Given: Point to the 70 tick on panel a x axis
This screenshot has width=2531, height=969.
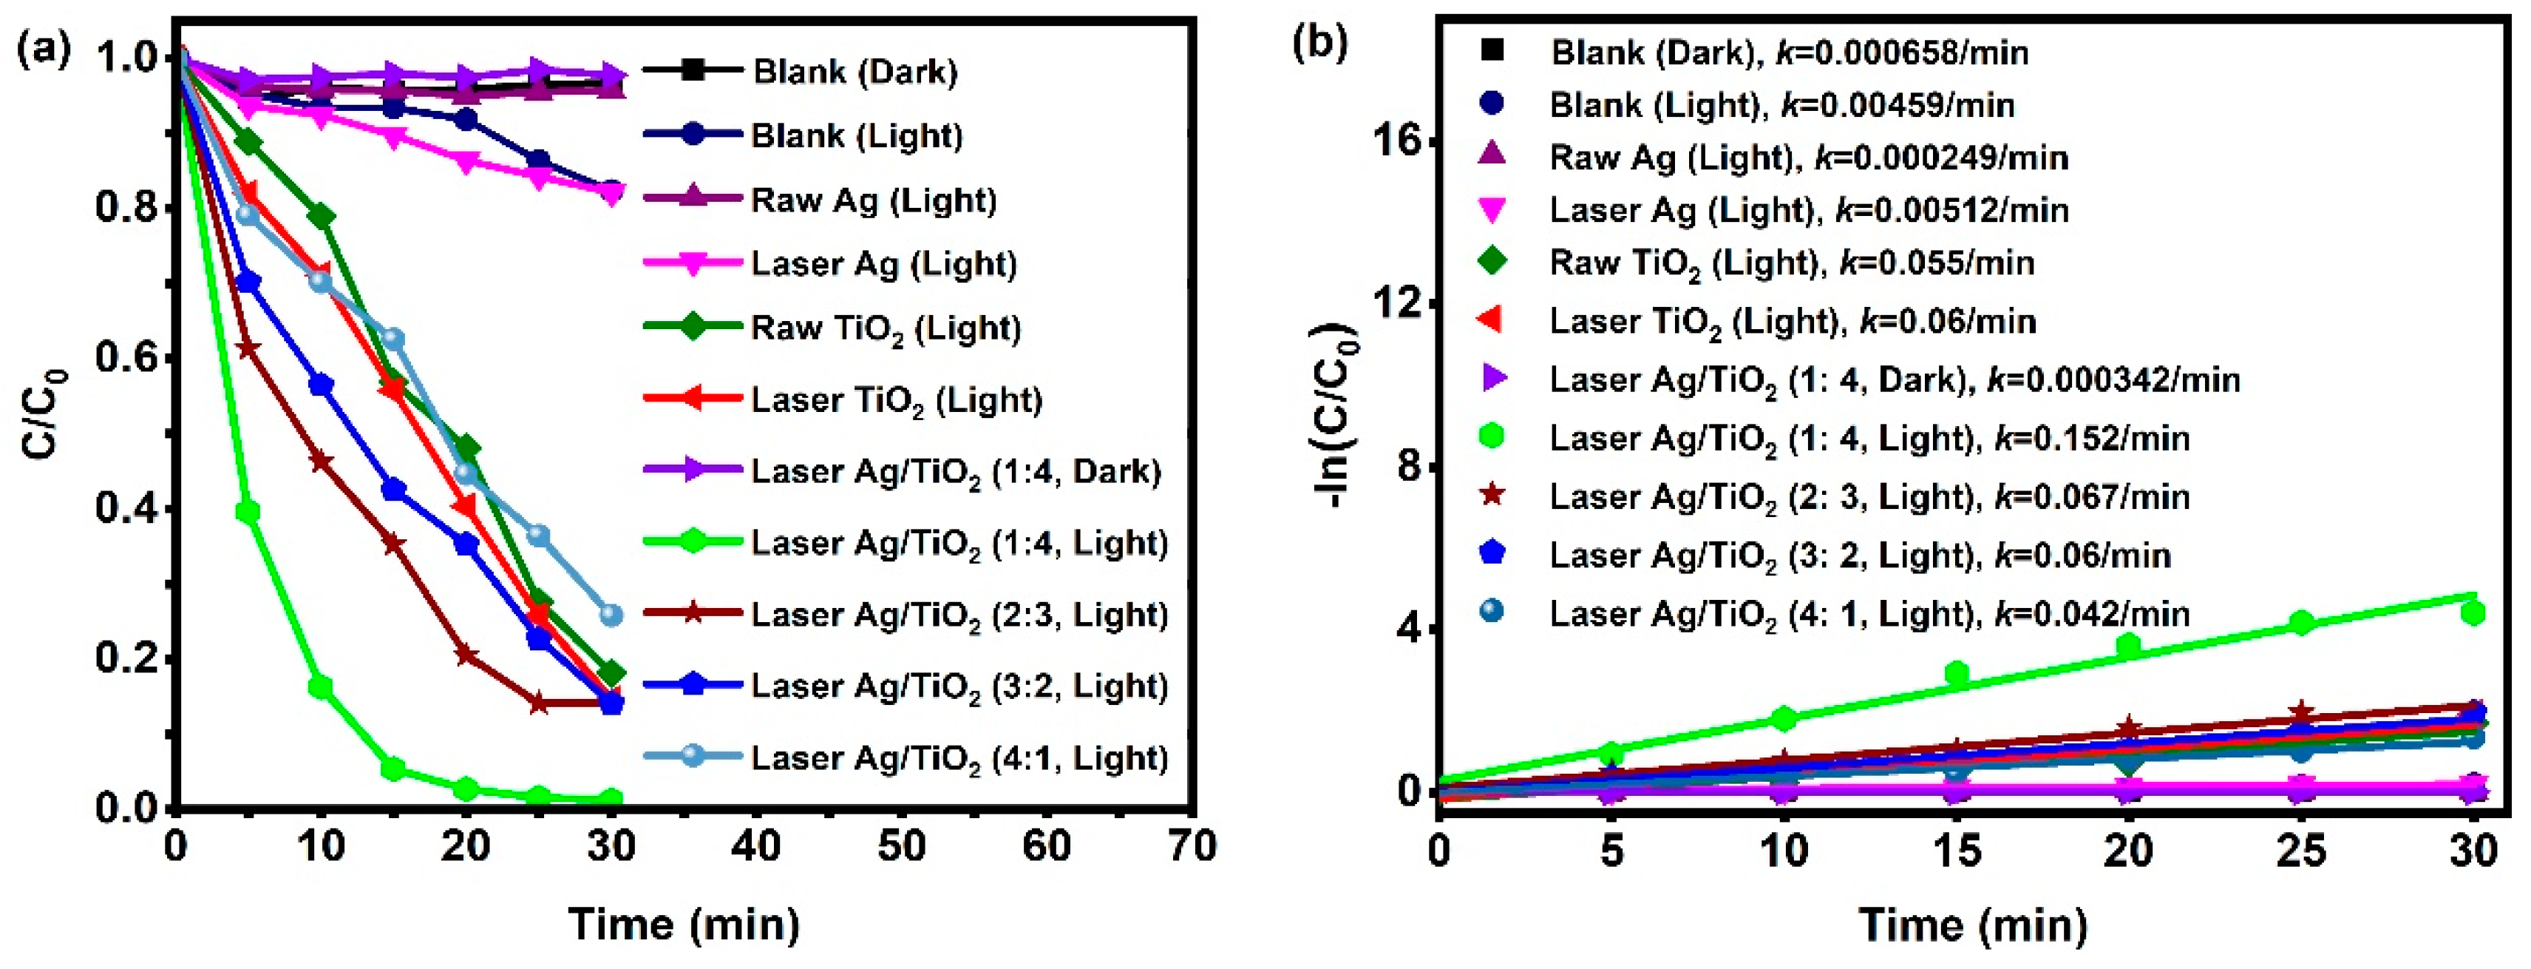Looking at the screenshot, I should [x=1192, y=846].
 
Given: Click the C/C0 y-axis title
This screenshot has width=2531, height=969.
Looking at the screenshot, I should [x=44, y=413].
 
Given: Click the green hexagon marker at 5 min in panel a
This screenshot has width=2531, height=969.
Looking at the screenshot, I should [x=248, y=511].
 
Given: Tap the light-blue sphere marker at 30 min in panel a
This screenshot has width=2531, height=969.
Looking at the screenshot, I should [x=611, y=614].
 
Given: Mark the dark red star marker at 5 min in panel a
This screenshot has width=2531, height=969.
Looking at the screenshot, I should [x=248, y=349].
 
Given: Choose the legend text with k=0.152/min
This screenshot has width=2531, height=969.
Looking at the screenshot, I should [x=1869, y=439].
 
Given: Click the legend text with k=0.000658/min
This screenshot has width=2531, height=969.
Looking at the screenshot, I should [x=1788, y=52].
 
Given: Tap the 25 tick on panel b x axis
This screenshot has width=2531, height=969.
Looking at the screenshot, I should [x=2301, y=850].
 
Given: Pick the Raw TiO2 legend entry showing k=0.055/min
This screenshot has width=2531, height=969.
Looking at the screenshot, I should [x=1791, y=263].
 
